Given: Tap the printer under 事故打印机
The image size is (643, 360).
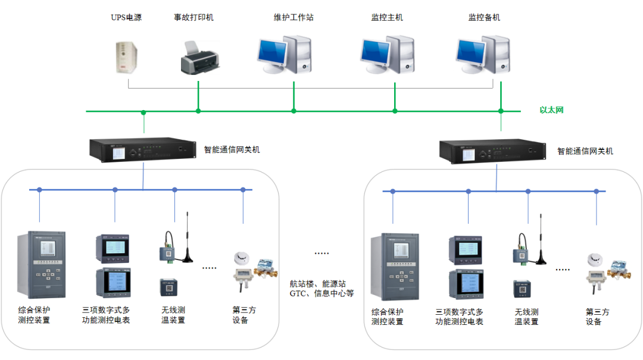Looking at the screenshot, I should point(199,58).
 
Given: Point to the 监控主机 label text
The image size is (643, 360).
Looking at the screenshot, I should point(387,18).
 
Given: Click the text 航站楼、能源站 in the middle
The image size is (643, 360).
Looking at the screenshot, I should point(318,284).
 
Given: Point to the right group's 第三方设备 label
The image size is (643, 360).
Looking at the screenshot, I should point(597,317).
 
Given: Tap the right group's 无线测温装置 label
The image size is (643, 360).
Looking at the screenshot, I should point(527,317).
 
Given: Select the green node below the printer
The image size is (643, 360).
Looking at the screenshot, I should point(198,111).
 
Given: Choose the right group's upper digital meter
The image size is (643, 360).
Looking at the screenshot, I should point(464,251).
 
